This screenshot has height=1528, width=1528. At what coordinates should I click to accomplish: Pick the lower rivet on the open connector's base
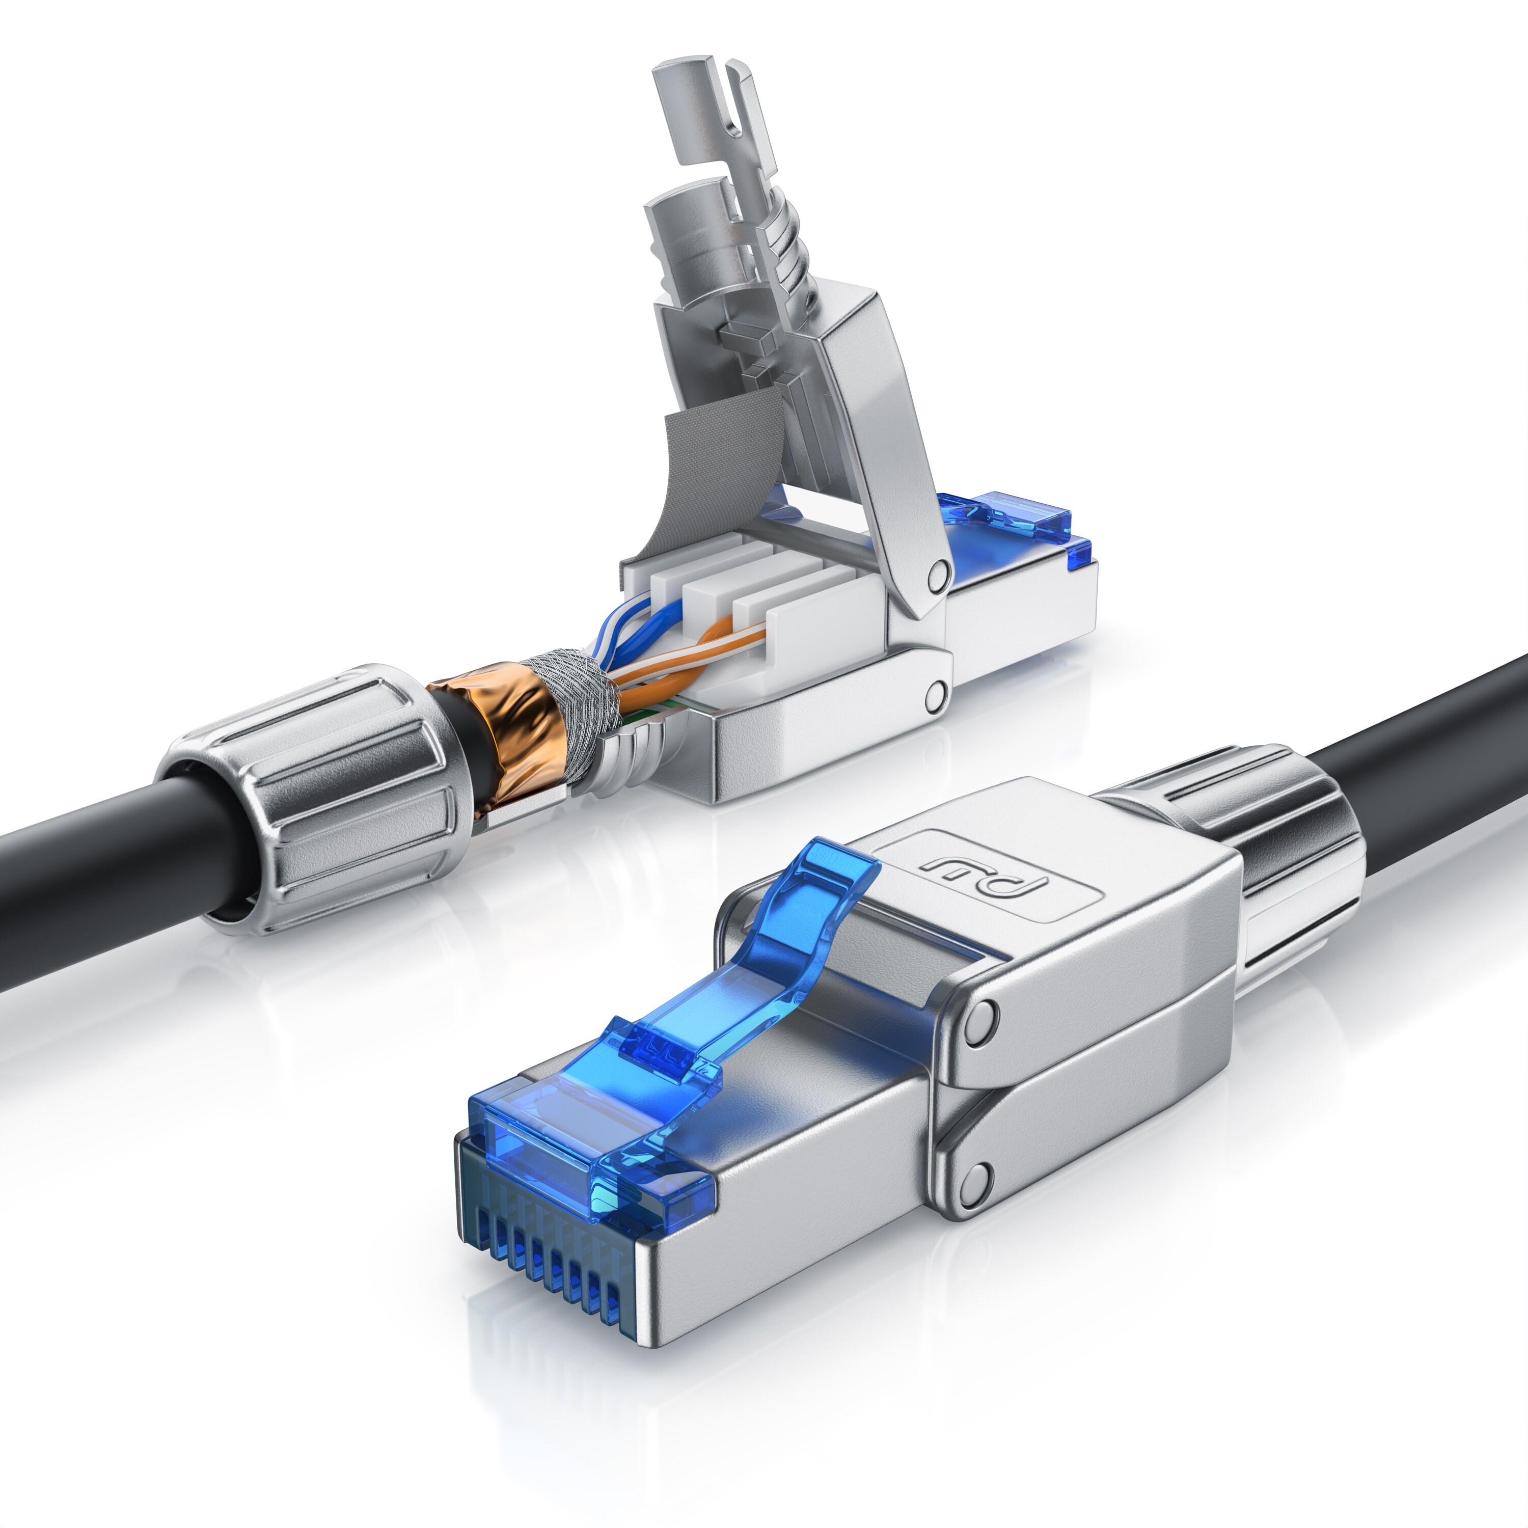937,694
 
